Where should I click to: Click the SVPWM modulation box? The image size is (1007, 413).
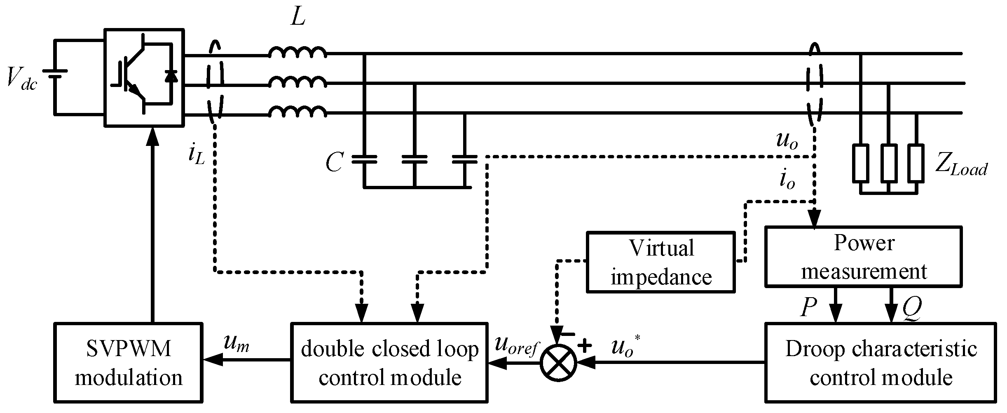coord(128,362)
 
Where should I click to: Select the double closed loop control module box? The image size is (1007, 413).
coord(389,362)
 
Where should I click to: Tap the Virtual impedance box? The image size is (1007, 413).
coord(660,262)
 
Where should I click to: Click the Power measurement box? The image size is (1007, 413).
coord(863,256)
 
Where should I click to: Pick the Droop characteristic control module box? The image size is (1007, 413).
coord(881,362)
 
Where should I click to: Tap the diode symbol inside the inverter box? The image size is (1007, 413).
coord(171,77)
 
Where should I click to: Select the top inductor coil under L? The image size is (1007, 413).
coord(297,53)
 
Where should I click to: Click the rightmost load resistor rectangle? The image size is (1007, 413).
coord(916,163)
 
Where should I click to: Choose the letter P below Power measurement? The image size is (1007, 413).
coord(808,308)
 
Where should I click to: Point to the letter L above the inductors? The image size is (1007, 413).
coord(297,17)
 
